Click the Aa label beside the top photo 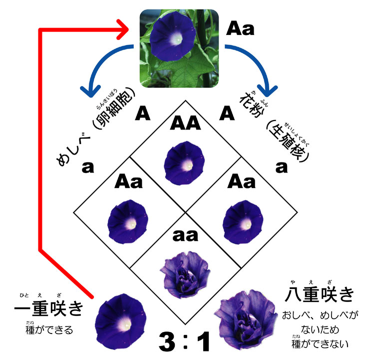click(240, 28)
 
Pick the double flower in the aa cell click(183, 269)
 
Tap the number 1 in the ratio click(204, 341)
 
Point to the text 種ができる click(49, 330)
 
